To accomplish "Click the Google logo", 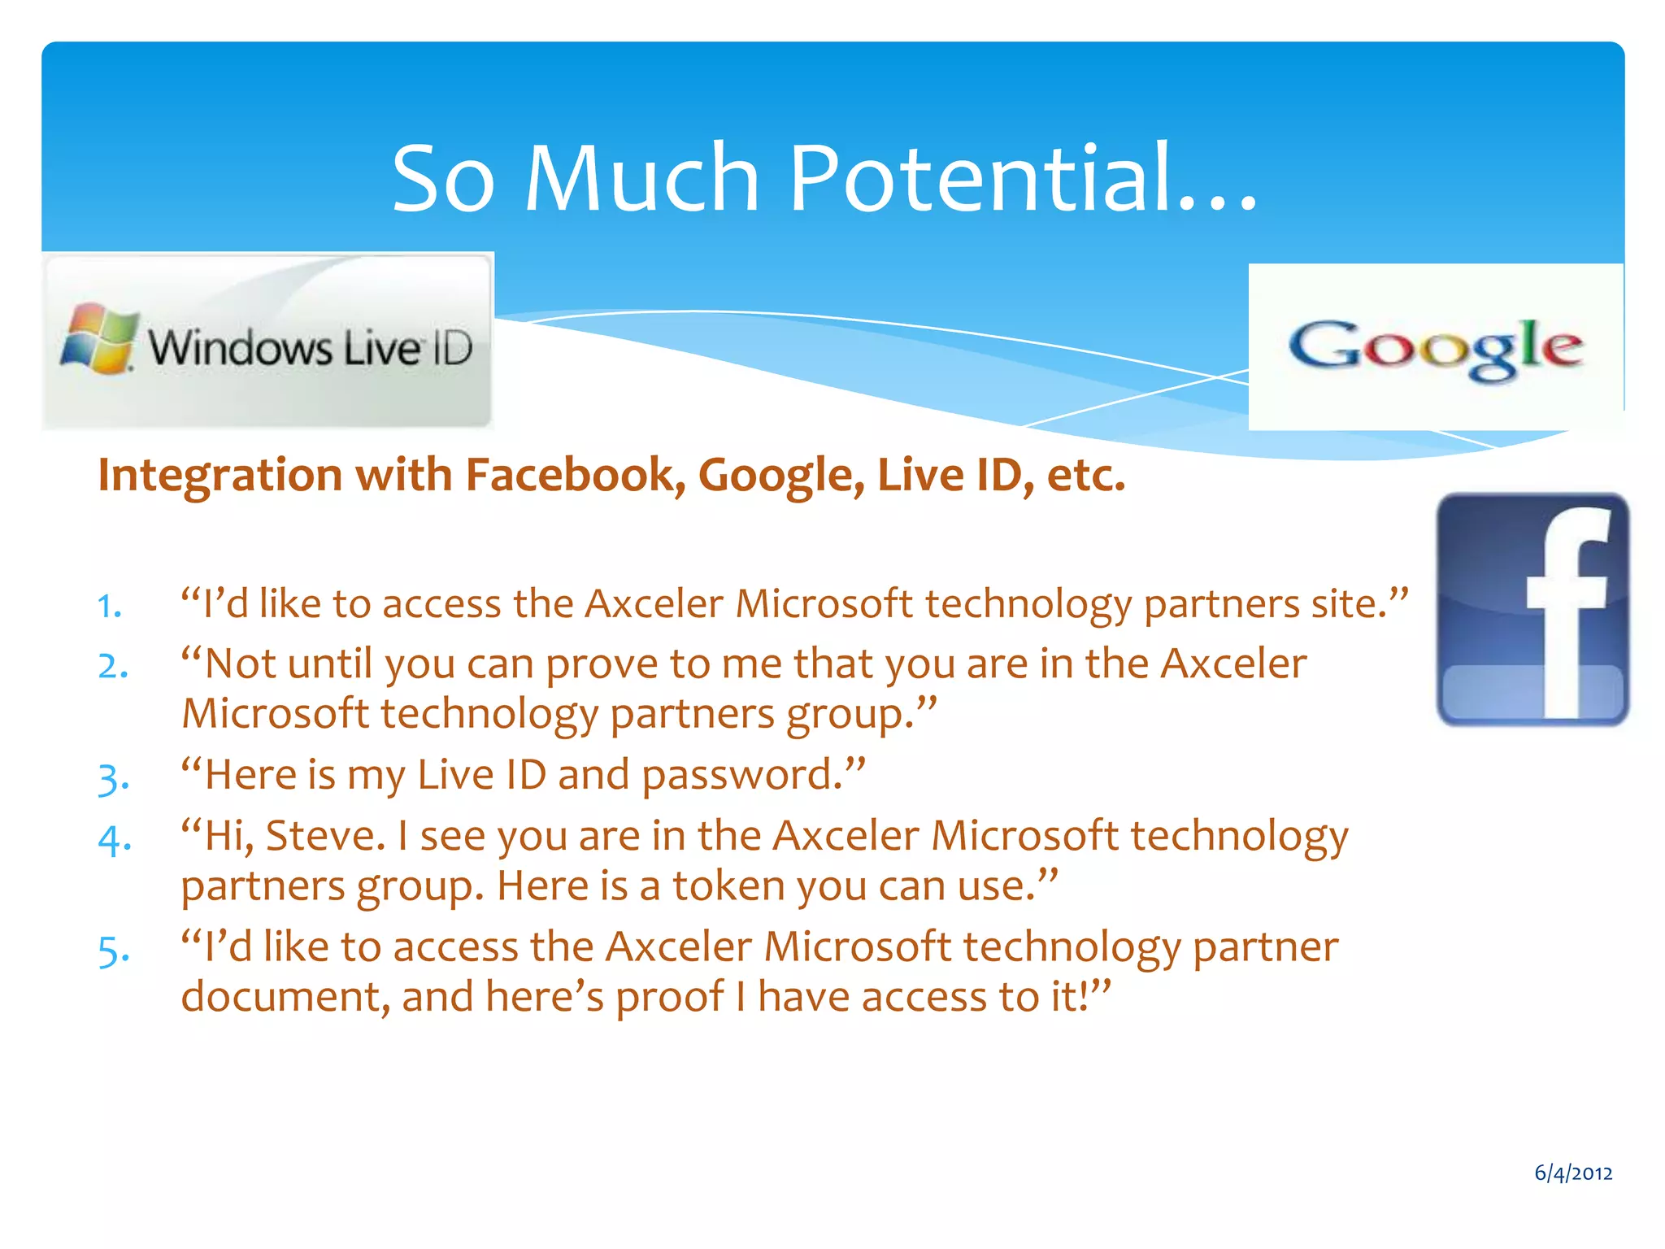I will coord(1436,347).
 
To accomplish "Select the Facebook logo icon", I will coord(1532,609).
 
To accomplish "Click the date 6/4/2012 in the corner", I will coord(1573,1173).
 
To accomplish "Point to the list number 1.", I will coord(109,607).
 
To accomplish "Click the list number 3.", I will coord(113,778).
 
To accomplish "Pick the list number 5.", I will coord(113,950).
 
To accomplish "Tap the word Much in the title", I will coord(641,177).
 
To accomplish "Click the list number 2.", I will coord(113,667).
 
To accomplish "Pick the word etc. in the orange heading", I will coord(1086,475).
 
